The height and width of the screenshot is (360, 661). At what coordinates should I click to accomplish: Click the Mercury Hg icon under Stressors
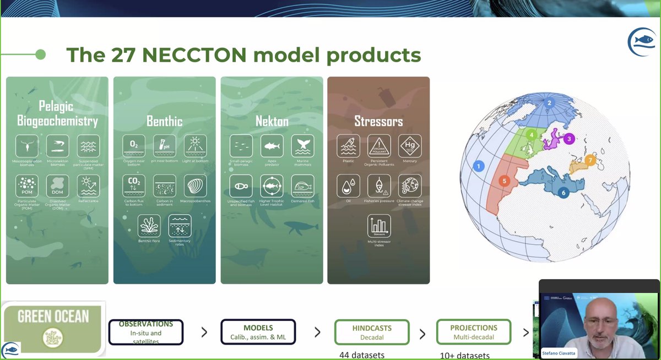[x=409, y=146]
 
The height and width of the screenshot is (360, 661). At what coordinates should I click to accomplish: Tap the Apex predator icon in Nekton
[x=270, y=146]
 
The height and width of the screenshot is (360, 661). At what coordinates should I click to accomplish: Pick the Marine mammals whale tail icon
[x=302, y=146]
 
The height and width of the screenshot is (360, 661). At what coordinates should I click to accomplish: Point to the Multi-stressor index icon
[x=378, y=226]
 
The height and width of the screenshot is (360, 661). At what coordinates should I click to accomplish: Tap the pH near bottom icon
[x=164, y=146]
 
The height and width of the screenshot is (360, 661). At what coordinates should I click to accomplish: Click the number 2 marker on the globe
[x=549, y=102]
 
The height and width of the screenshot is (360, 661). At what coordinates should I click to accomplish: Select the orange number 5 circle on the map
[x=504, y=181]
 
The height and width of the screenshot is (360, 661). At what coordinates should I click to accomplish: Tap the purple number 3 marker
[x=569, y=139]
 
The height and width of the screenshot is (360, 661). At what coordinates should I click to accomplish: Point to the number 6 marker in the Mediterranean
[x=563, y=193]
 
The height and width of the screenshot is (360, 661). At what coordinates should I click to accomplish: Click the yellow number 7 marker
[x=590, y=161]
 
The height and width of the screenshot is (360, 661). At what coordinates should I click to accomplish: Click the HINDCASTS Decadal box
[x=371, y=332]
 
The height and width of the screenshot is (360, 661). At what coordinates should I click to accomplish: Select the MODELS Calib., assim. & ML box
[x=258, y=332]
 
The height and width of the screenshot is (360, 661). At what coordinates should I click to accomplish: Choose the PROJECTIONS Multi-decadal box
[x=473, y=332]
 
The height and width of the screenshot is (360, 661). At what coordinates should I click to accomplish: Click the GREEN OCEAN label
[x=53, y=317]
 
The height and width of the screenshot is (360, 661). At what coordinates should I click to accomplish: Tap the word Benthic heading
[x=164, y=121]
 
